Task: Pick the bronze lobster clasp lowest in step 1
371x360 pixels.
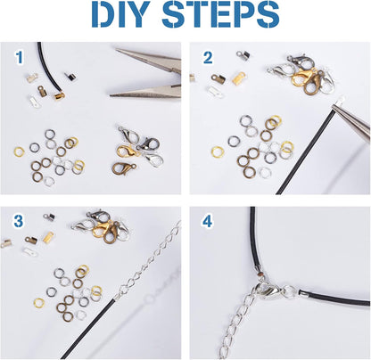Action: coord(124,166)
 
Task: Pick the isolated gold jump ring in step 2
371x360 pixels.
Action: coord(217,151)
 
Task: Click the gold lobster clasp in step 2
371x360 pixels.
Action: coord(291,81)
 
